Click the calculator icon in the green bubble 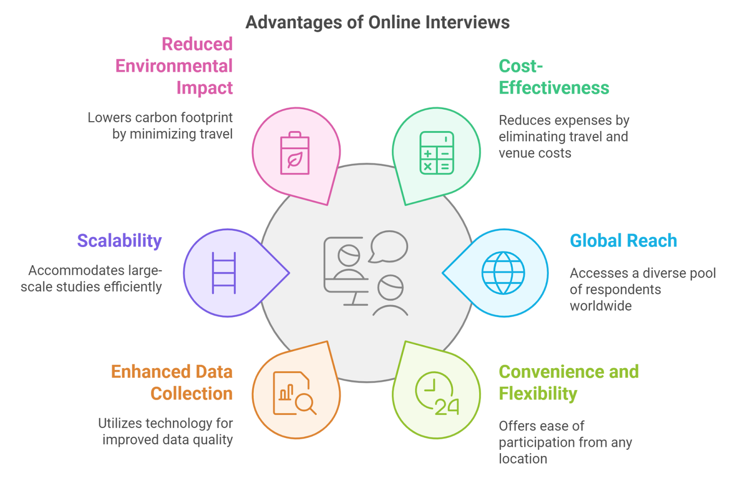tap(437, 153)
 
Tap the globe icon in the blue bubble tap(503, 273)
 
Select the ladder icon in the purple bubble tap(224, 273)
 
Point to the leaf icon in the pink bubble tap(295, 160)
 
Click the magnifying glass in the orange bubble tap(306, 403)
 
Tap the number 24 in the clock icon tap(447, 407)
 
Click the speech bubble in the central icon tap(389, 246)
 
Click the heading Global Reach tap(623, 240)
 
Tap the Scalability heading tap(119, 240)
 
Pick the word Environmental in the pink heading tap(174, 66)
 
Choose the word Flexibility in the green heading tap(538, 394)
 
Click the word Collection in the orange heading tap(191, 394)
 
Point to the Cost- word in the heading tap(521, 66)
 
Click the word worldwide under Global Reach tap(600, 305)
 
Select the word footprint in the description tap(206, 117)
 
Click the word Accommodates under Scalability tap(70, 270)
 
